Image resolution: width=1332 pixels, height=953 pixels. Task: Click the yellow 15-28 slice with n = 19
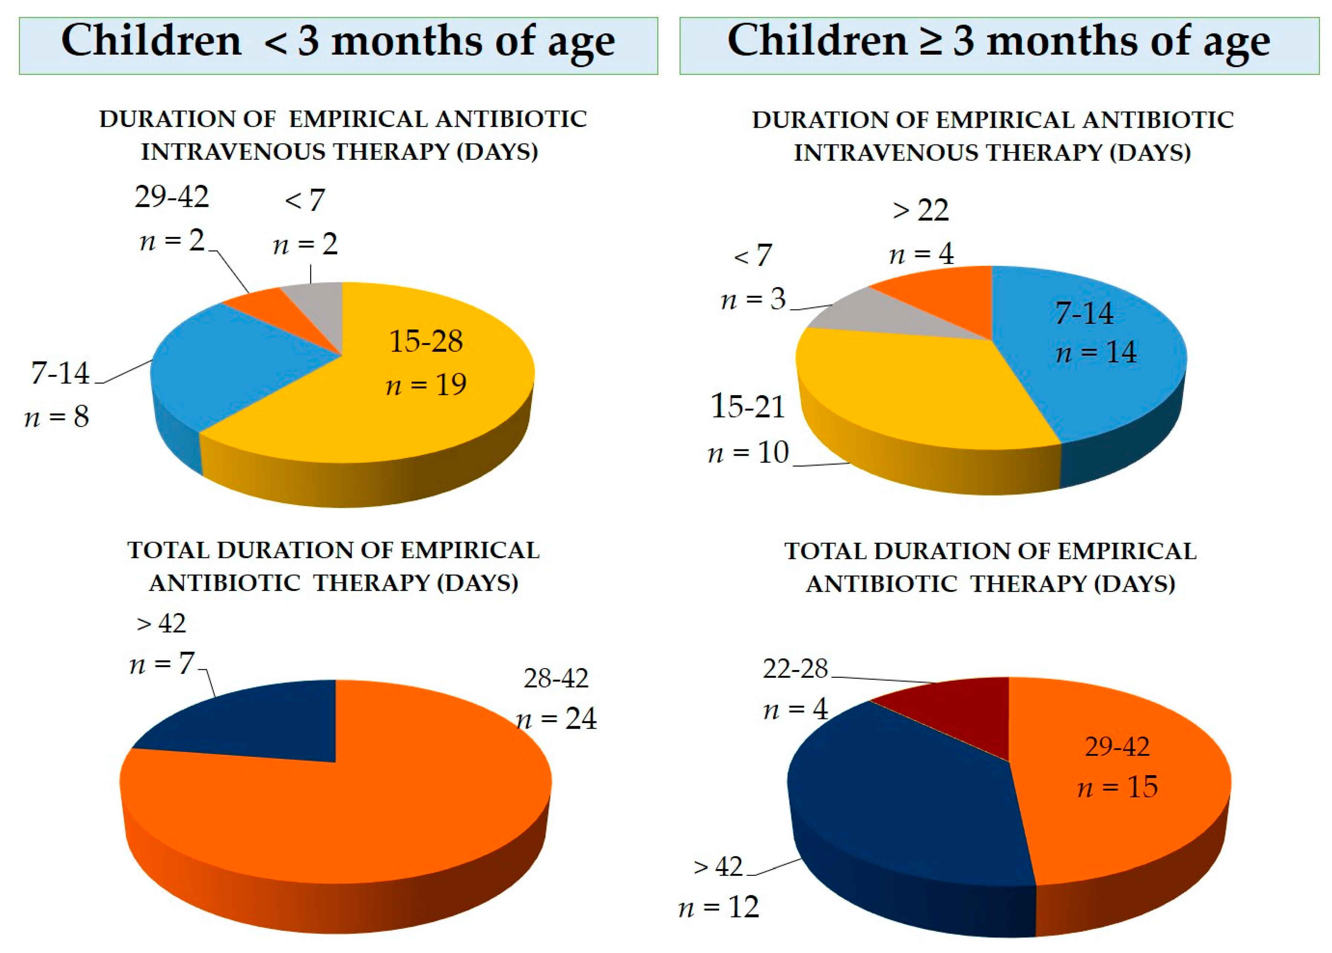point(411,399)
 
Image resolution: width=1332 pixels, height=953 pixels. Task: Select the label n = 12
point(719,908)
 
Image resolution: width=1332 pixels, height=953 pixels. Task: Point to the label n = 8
point(57,417)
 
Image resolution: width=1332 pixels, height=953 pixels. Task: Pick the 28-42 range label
point(556,679)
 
